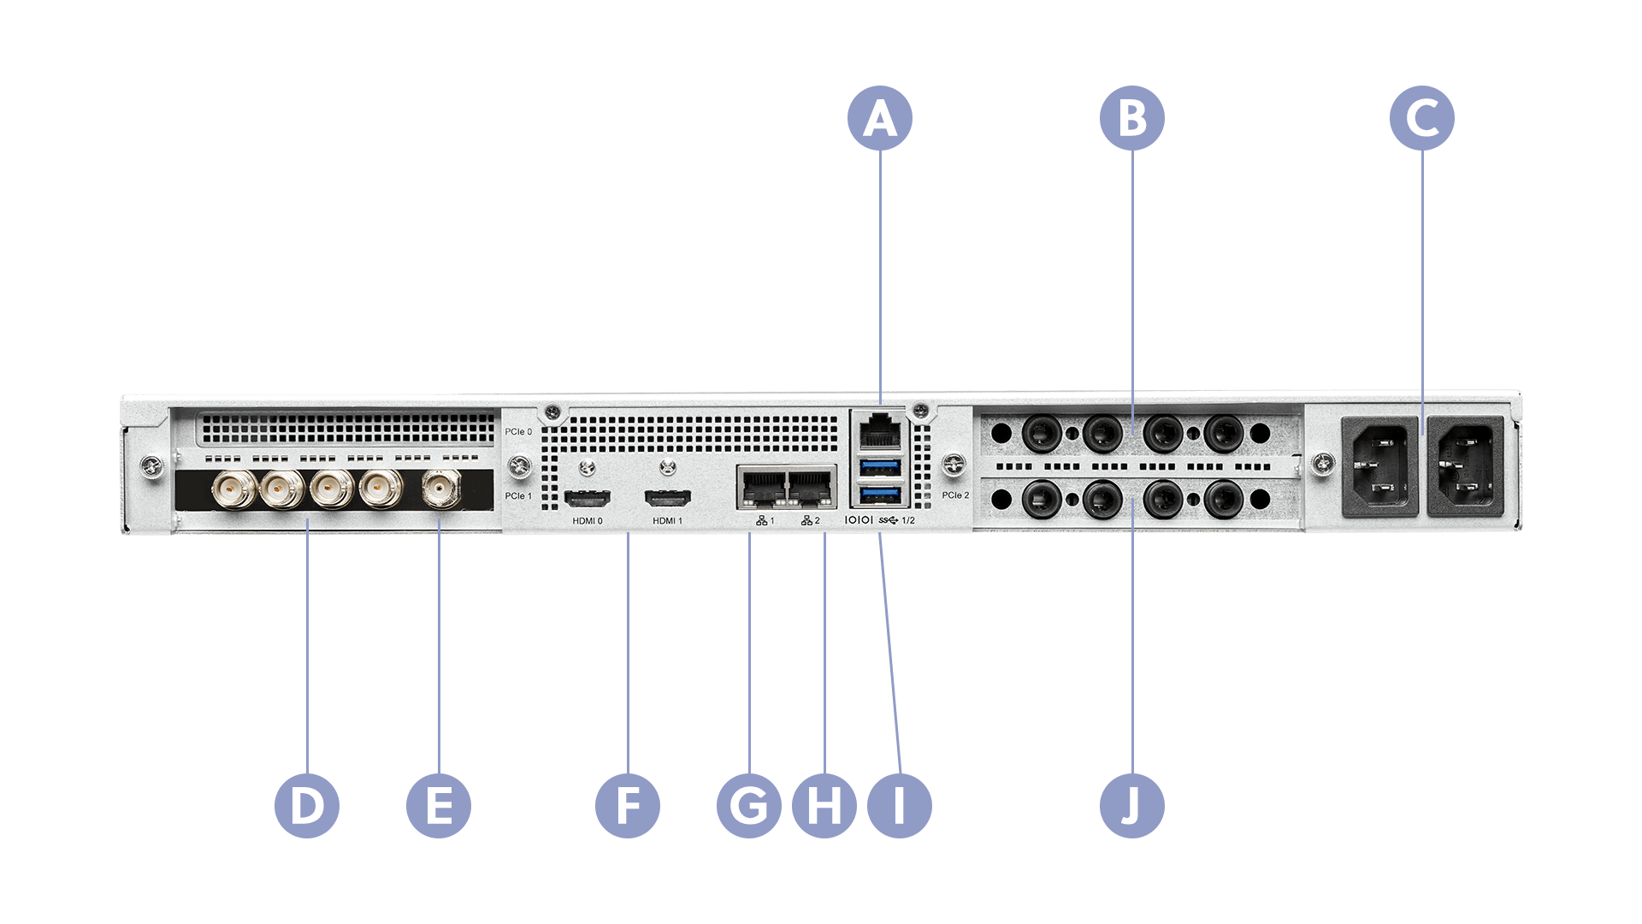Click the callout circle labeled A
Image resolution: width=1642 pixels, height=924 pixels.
point(880,118)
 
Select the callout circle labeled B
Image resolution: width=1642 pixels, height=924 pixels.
point(1131,118)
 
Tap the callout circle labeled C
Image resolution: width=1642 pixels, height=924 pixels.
point(1421,118)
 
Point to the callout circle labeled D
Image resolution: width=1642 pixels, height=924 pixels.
point(307,805)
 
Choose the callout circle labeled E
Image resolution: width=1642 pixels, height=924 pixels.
point(439,805)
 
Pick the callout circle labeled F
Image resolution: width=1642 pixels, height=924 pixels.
point(628,805)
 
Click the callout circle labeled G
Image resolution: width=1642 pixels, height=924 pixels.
point(749,805)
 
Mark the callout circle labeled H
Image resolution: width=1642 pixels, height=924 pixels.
point(824,805)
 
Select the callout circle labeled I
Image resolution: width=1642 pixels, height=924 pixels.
point(899,805)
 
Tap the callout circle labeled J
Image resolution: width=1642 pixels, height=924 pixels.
point(1131,805)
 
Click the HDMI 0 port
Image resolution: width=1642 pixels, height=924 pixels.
point(588,497)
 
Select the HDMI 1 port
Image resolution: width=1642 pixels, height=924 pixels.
point(667,497)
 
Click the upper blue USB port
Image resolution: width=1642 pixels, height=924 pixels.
point(881,466)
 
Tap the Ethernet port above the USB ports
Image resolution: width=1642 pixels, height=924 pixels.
point(880,430)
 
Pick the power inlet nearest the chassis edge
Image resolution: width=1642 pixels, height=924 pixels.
point(1466,465)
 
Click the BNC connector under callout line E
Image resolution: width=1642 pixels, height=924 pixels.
point(439,489)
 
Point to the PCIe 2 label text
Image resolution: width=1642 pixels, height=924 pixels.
point(955,495)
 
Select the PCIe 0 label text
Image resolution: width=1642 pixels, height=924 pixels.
point(518,432)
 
